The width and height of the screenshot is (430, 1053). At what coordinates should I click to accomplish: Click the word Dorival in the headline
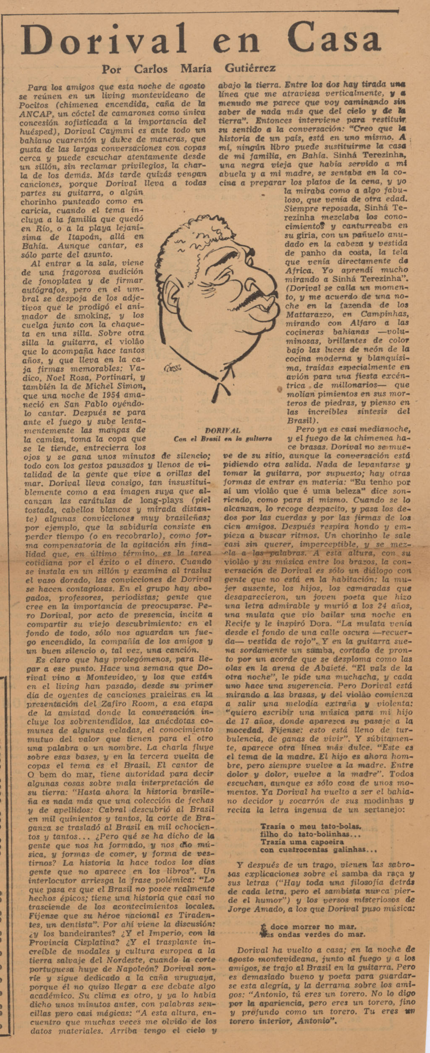pyautogui.click(x=103, y=39)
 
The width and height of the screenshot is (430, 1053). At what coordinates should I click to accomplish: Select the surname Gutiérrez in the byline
pyautogui.click(x=250, y=68)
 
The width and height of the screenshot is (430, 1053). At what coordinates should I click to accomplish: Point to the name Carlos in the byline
pyautogui.click(x=151, y=69)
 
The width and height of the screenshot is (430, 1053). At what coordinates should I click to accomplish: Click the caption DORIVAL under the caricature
pyautogui.click(x=223, y=430)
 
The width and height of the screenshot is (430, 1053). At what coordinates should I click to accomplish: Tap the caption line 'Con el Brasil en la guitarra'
pyautogui.click(x=223, y=439)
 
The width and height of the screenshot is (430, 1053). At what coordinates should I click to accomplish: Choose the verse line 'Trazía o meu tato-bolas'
pyautogui.click(x=311, y=826)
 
